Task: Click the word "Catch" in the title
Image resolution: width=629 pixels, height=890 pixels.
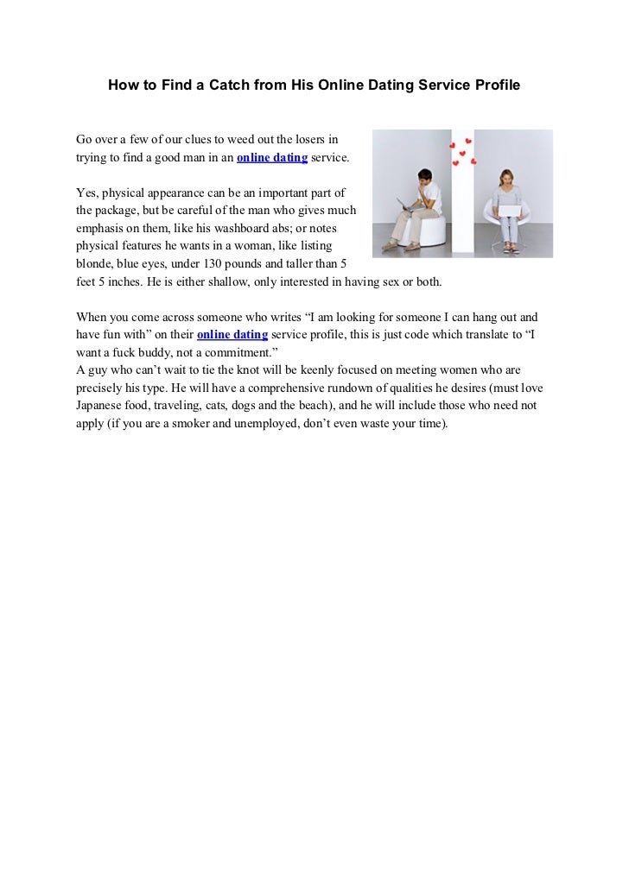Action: coord(214,86)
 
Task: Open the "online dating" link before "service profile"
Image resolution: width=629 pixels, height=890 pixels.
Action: coord(232,334)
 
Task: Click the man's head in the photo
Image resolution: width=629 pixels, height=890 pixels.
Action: coord(423,178)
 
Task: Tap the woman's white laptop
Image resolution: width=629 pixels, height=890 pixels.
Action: coord(509,207)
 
